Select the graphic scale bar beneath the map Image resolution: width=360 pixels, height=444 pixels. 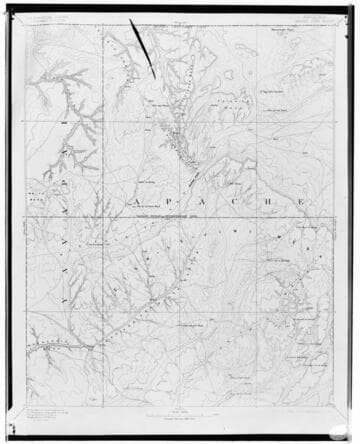[x=181, y=413]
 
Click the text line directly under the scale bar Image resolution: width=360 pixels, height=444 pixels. [x=181, y=420]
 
